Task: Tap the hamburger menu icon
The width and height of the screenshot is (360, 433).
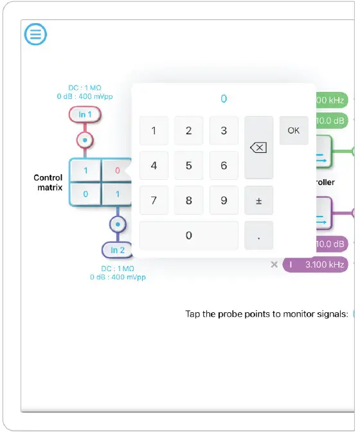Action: pyautogui.click(x=35, y=35)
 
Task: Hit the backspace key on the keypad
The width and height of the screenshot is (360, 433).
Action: pyautogui.click(x=258, y=148)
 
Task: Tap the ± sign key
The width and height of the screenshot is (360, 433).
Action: pyautogui.click(x=258, y=200)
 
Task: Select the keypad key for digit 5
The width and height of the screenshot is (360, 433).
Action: pyautogui.click(x=188, y=166)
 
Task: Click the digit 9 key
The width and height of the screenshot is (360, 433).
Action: pyautogui.click(x=224, y=200)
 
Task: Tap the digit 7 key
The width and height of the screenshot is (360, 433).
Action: pyautogui.click(x=154, y=200)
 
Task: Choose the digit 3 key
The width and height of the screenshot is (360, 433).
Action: pyautogui.click(x=224, y=131)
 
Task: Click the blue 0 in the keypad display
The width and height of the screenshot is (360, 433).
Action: pyautogui.click(x=224, y=99)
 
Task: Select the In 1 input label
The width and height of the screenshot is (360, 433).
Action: pyautogui.click(x=85, y=114)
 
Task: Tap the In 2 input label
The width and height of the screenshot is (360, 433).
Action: pyautogui.click(x=117, y=250)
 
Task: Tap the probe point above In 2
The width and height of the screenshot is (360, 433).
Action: pyautogui.click(x=117, y=225)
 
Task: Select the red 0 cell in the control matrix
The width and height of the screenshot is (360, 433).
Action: pyautogui.click(x=117, y=172)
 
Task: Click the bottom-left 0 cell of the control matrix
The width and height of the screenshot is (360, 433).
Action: pyautogui.click(x=85, y=193)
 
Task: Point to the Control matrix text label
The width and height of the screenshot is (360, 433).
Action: pyautogui.click(x=48, y=182)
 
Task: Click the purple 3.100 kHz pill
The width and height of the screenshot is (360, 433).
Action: pyautogui.click(x=316, y=264)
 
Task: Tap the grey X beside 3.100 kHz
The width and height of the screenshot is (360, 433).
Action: pyautogui.click(x=274, y=264)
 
